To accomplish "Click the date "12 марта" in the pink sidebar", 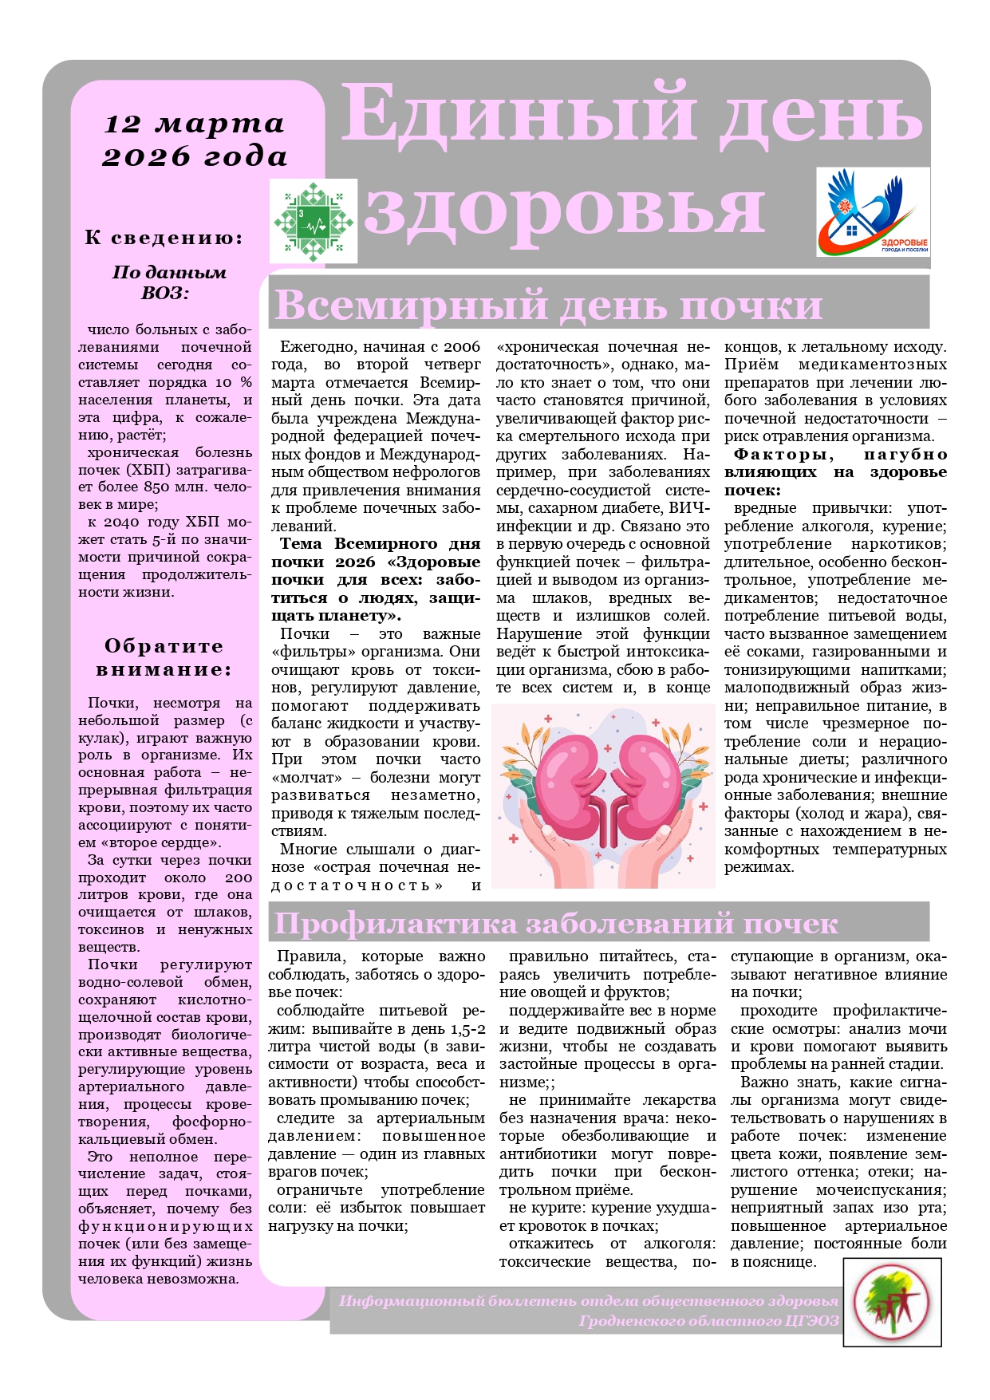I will [194, 124].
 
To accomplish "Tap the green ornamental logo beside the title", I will [314, 221].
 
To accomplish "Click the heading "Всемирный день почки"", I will [548, 305].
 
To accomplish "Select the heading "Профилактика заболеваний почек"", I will [555, 924].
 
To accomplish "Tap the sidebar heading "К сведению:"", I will [164, 238].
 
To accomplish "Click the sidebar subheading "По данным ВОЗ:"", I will [169, 282].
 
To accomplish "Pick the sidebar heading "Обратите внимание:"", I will [164, 657].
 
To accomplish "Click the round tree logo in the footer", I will [892, 1302].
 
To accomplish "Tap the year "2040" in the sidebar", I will [123, 522].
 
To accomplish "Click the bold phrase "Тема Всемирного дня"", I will [381, 544].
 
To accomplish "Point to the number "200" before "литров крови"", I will [238, 877].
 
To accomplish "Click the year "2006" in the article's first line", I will [462, 346].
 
